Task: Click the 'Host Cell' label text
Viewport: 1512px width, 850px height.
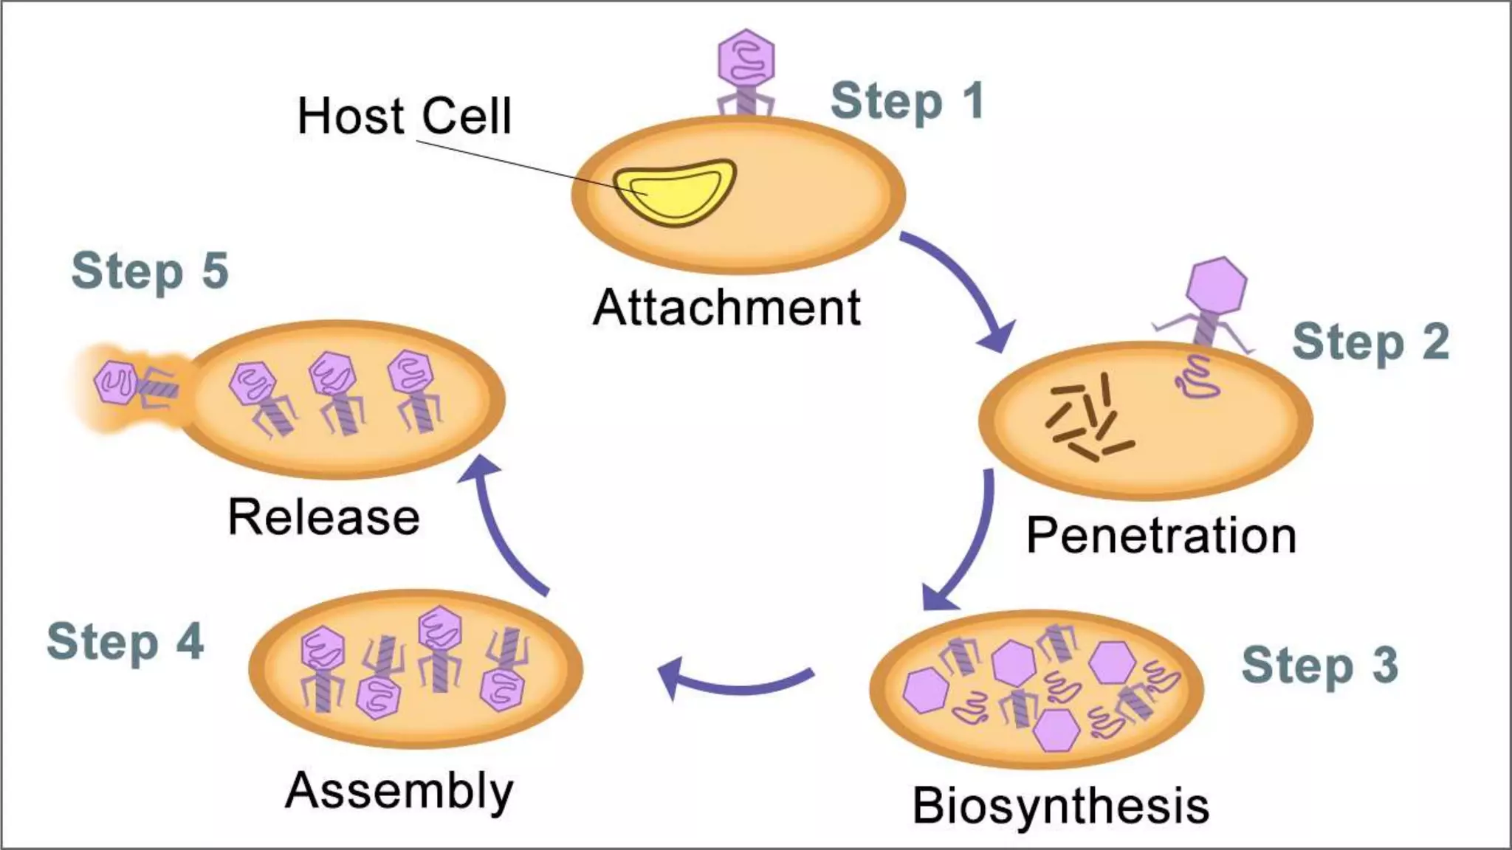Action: [x=404, y=117]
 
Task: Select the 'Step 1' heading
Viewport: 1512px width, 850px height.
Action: [x=907, y=102]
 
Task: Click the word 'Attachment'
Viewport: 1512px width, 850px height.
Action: [x=726, y=307]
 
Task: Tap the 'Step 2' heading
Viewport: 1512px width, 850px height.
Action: [x=1370, y=342]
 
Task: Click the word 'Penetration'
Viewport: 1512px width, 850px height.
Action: [x=1161, y=536]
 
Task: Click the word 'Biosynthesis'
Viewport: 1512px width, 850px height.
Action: [x=1061, y=806]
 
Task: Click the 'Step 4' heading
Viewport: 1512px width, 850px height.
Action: [x=125, y=642]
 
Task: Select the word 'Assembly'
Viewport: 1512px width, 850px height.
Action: [x=399, y=791]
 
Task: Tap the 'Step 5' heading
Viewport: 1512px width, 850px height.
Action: [x=150, y=271]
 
